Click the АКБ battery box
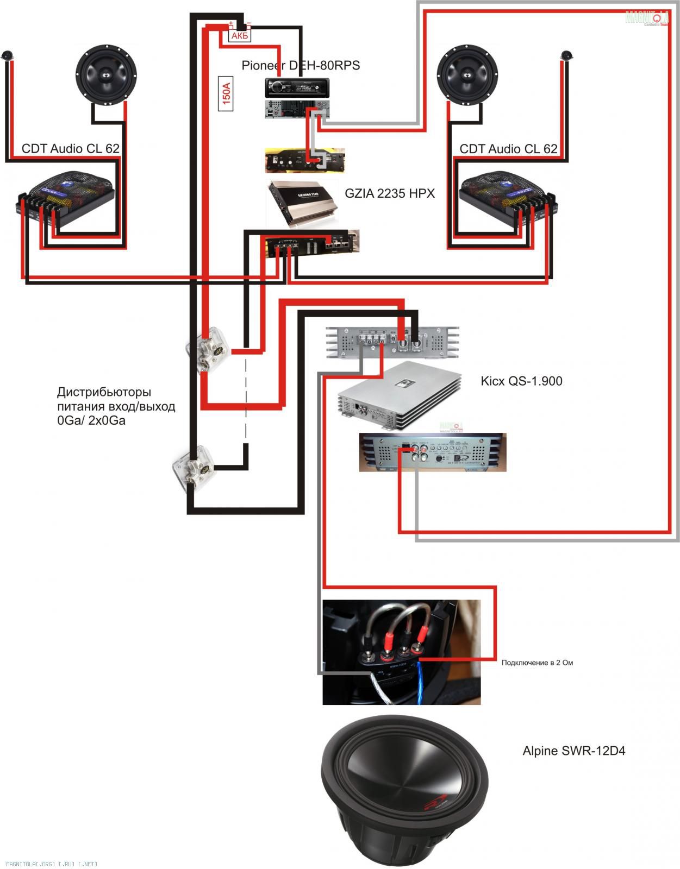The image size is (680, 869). (x=240, y=36)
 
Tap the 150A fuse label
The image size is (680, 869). (x=226, y=93)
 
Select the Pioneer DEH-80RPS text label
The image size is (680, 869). (x=301, y=66)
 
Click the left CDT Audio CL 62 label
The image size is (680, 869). (x=71, y=149)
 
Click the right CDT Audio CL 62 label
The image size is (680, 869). (x=508, y=149)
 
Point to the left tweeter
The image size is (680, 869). (x=7, y=55)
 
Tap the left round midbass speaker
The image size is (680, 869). (x=106, y=73)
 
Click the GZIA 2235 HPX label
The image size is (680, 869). (x=390, y=193)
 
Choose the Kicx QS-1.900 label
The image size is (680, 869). (x=521, y=381)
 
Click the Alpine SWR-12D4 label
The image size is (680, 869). (x=573, y=751)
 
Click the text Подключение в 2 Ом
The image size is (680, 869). (x=537, y=663)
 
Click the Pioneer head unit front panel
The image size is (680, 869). (x=297, y=87)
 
